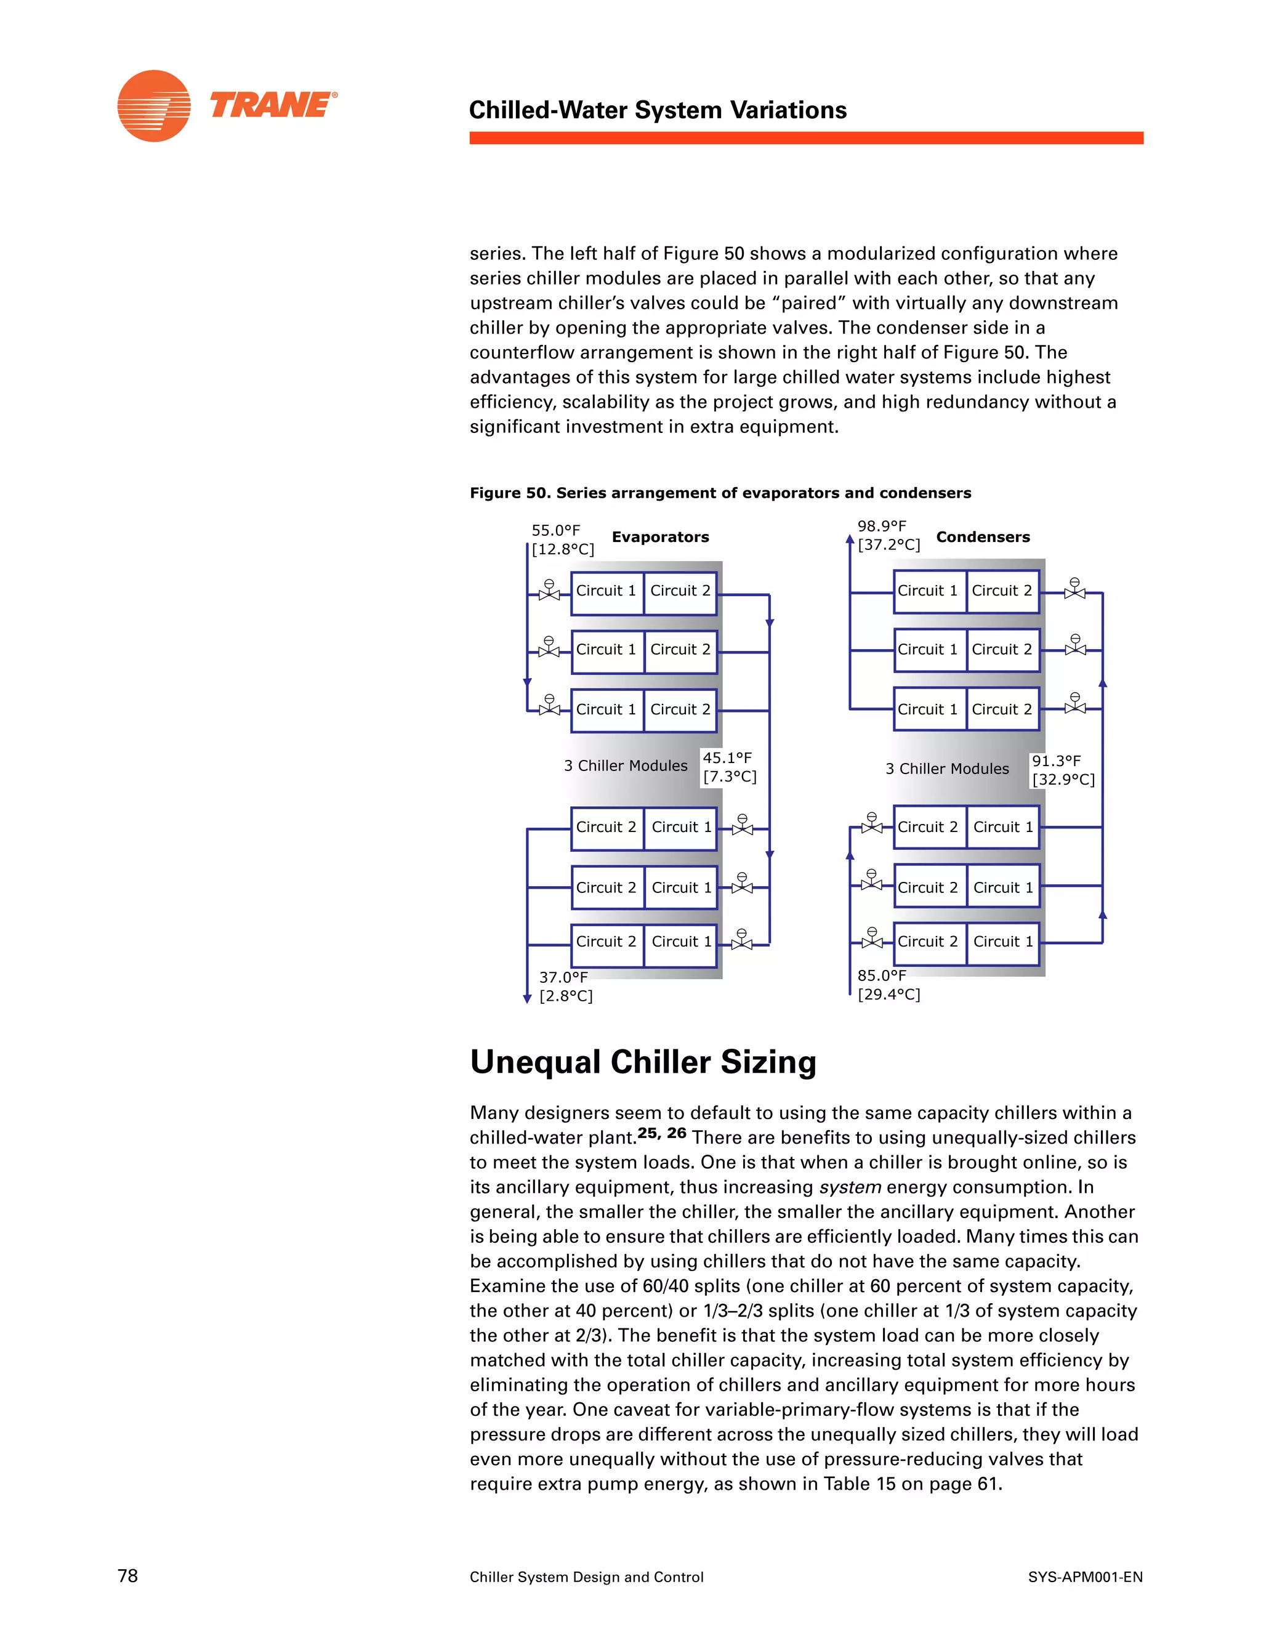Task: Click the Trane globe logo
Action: (x=154, y=106)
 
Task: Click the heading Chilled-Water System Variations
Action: (x=658, y=110)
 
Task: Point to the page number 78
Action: (x=127, y=1575)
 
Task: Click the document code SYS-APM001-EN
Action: (x=1085, y=1577)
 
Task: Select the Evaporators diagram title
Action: (x=659, y=536)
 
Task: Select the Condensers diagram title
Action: (x=982, y=536)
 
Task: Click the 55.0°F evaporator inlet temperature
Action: (x=556, y=530)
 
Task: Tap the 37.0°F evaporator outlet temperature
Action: (x=563, y=977)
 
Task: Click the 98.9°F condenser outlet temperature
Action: (x=882, y=526)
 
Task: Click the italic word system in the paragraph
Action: (x=850, y=1187)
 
